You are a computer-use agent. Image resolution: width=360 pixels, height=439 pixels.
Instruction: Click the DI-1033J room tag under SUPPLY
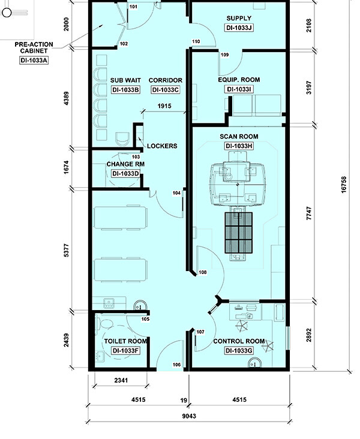(x=239, y=28)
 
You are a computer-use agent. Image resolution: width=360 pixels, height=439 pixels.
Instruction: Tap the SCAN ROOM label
(x=239, y=137)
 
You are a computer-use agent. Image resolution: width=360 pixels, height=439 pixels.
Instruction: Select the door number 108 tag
(x=203, y=272)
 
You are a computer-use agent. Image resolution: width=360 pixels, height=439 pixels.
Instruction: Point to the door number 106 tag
(x=176, y=365)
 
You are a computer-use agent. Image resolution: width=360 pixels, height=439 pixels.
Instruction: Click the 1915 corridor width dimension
(x=164, y=106)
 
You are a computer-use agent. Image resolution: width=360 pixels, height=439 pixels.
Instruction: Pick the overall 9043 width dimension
(x=189, y=416)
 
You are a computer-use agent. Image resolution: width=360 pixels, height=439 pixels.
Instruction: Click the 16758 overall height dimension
(x=344, y=185)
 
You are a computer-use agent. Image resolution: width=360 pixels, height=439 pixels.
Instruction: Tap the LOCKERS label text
(x=162, y=146)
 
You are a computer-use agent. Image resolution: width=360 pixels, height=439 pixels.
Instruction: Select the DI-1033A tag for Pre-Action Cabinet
(x=34, y=60)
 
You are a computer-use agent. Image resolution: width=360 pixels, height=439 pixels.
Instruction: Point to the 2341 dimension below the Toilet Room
(x=121, y=380)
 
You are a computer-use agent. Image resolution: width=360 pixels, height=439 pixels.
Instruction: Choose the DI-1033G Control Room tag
(x=239, y=350)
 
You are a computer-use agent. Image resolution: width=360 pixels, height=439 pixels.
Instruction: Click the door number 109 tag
(x=224, y=55)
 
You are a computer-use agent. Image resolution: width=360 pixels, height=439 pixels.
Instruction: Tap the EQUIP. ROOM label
(x=239, y=80)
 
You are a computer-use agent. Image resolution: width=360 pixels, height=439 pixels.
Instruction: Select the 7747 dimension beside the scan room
(x=309, y=214)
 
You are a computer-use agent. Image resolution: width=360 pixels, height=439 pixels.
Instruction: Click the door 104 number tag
(x=176, y=193)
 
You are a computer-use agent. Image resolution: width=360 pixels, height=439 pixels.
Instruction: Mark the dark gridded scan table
(x=238, y=233)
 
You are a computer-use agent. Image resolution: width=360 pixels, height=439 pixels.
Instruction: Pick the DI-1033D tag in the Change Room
(x=125, y=173)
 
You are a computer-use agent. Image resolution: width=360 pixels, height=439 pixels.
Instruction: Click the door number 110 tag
(x=196, y=41)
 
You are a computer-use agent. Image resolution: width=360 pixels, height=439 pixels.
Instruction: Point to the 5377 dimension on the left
(x=66, y=251)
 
